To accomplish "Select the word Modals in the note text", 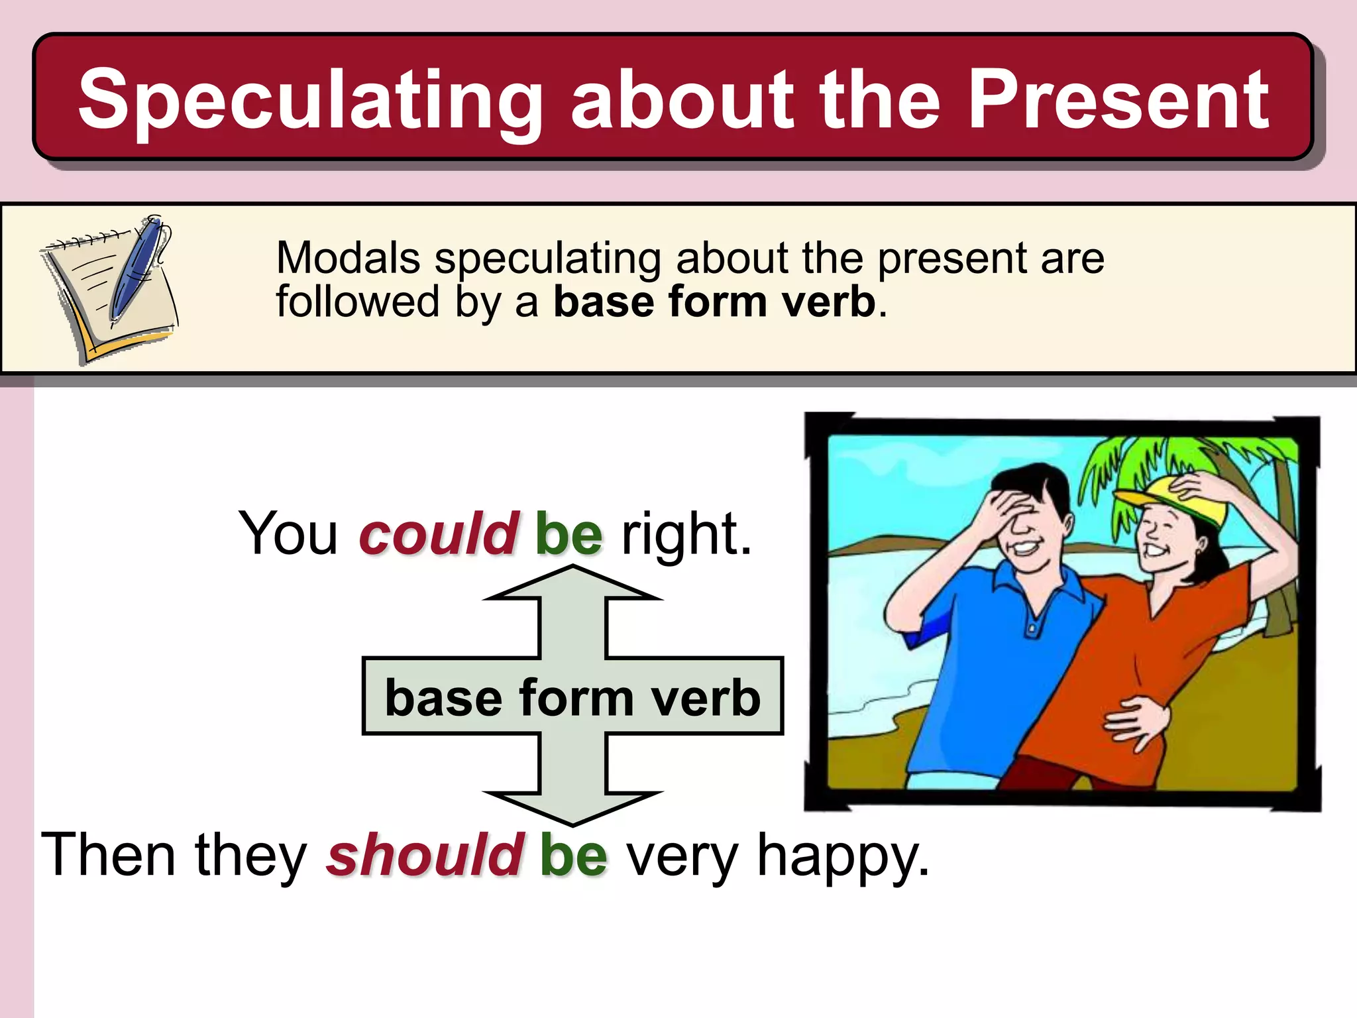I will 348,258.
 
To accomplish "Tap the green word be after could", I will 569,534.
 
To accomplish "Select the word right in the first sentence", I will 686,534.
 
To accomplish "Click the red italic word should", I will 425,855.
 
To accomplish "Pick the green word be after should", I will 573,855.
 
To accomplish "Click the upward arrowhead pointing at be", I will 572,583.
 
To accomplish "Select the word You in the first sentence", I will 288,534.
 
